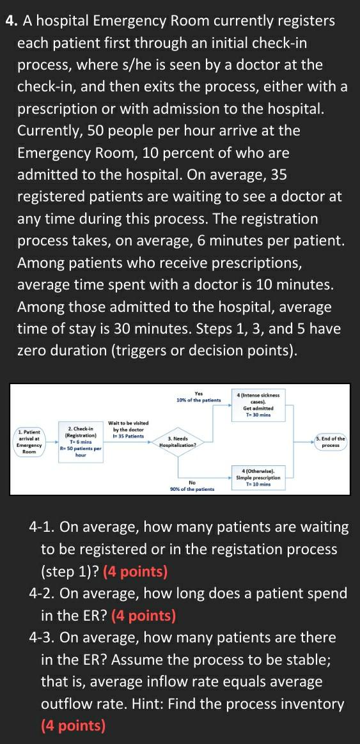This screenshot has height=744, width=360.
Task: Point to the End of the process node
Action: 331,442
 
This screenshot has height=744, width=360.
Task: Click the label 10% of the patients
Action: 198,400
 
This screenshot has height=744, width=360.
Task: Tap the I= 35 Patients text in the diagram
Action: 129,437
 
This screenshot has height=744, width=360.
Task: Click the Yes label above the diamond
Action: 199,394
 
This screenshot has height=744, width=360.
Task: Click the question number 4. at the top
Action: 12,21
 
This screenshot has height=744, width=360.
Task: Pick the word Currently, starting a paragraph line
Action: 54,131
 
